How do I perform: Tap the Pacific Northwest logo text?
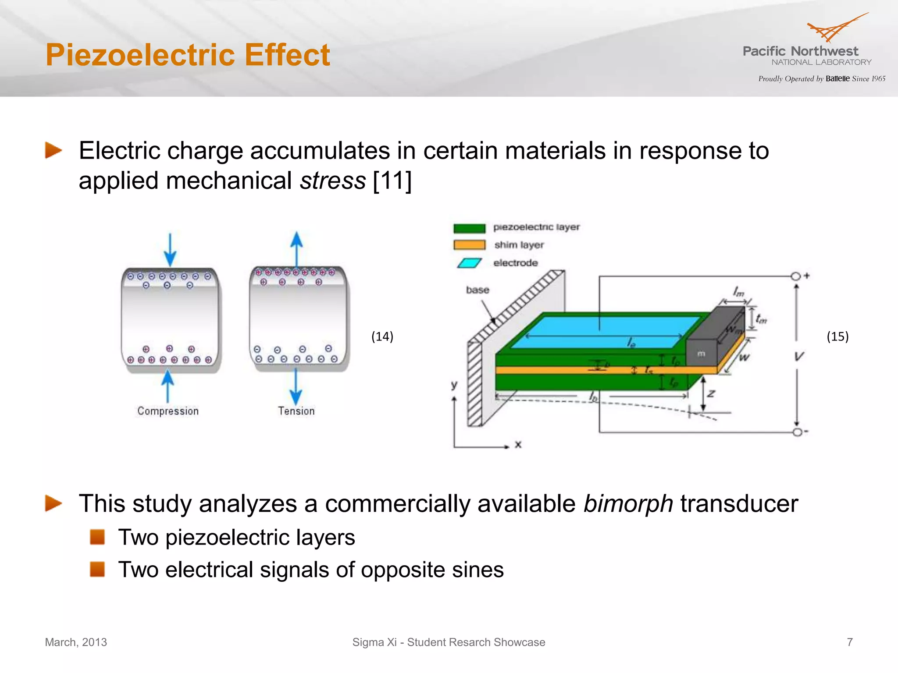(x=800, y=51)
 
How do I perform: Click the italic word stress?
(x=332, y=181)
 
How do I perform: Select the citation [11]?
(x=392, y=181)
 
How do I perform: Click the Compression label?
(x=168, y=411)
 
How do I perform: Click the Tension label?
(x=296, y=411)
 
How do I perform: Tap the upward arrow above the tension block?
(x=297, y=248)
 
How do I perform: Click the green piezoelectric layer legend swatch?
(x=469, y=228)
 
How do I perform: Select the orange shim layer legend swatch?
(x=469, y=245)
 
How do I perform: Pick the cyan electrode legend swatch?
(x=469, y=263)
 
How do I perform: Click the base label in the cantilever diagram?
(x=478, y=290)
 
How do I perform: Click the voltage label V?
(x=799, y=356)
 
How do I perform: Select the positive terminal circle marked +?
(x=796, y=276)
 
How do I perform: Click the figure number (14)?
(x=382, y=336)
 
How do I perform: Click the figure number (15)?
(x=837, y=336)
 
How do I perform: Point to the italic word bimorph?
(x=628, y=503)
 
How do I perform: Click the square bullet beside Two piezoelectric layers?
(x=97, y=537)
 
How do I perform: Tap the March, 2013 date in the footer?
(x=76, y=642)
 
